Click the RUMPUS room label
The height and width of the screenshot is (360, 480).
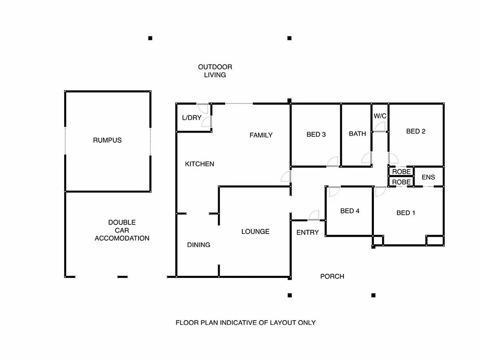(x=107, y=140)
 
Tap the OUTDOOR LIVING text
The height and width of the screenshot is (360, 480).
(x=215, y=71)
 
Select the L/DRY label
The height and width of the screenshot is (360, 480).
(x=191, y=118)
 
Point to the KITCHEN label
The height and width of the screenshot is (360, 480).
(x=199, y=164)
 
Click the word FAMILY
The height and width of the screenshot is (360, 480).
(x=261, y=135)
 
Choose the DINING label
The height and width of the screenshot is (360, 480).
(x=198, y=245)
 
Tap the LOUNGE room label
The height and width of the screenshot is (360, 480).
(x=255, y=231)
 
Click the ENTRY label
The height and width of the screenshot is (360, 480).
(x=308, y=232)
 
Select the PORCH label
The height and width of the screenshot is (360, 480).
(x=332, y=277)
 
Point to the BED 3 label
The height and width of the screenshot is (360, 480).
(x=316, y=134)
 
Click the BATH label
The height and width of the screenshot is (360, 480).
(x=357, y=133)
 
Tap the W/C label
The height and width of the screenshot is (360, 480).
(x=380, y=116)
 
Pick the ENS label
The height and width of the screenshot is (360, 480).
(x=428, y=177)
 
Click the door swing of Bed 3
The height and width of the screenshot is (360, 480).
(x=332, y=162)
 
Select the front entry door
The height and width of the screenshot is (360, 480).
(x=314, y=216)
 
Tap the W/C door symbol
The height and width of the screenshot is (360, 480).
(x=380, y=127)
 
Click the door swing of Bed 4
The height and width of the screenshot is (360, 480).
(x=334, y=191)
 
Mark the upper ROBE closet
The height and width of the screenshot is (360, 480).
(x=401, y=172)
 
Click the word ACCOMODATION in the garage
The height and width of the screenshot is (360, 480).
(x=122, y=238)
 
